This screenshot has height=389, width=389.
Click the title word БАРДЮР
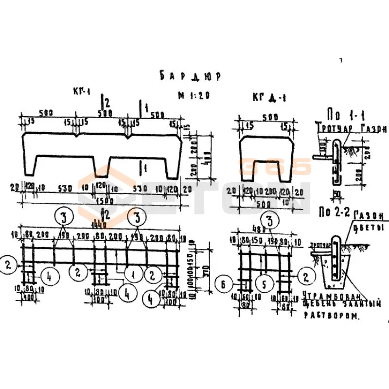point(189,76)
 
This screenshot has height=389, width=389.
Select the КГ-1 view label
point(82,91)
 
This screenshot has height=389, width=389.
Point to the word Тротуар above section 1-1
point(329,129)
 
